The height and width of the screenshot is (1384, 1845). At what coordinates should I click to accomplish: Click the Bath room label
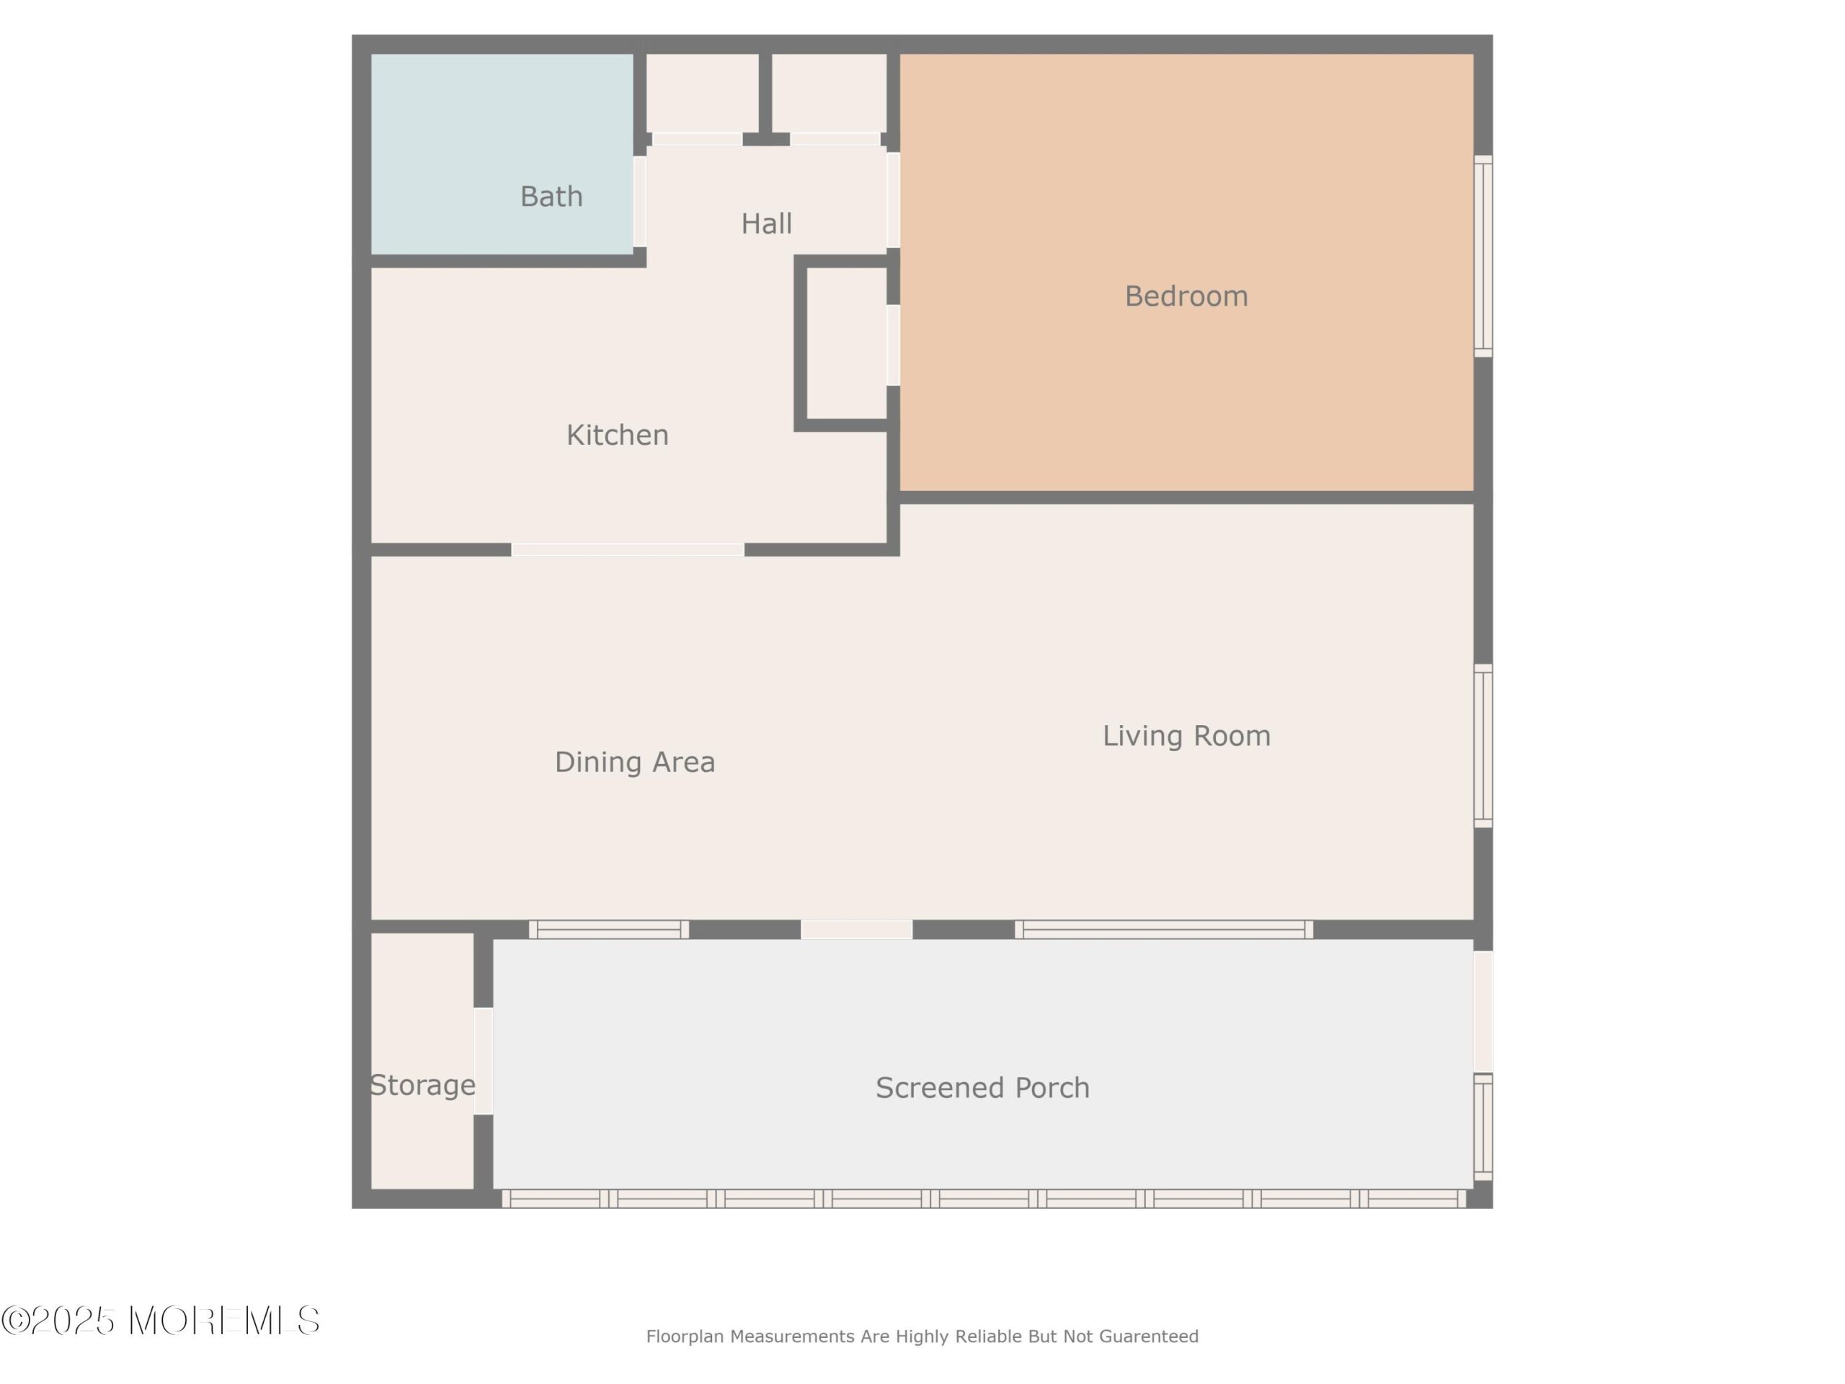pos(551,197)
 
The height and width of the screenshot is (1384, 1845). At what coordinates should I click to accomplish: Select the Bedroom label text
pos(1186,296)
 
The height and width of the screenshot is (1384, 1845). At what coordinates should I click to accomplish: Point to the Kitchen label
pos(617,435)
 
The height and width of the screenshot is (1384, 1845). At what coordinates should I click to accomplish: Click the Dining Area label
pos(635,762)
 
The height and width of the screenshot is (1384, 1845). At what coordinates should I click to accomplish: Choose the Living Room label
pos(1187,736)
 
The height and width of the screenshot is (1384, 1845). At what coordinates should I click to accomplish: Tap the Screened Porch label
pos(982,1088)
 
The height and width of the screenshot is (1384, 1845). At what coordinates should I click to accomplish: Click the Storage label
pos(423,1086)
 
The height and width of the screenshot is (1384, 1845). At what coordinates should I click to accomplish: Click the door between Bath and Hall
pos(640,202)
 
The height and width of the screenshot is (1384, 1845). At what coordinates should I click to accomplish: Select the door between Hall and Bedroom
pos(893,200)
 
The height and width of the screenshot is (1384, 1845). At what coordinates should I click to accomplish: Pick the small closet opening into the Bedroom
pos(847,344)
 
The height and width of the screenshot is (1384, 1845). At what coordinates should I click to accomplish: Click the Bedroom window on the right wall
pos(1483,256)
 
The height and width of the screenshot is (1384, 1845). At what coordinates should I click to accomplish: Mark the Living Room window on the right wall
pos(1483,747)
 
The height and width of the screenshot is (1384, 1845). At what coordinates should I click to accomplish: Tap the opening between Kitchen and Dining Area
pos(628,550)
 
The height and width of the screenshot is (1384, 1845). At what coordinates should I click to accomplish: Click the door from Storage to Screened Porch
pos(484,1060)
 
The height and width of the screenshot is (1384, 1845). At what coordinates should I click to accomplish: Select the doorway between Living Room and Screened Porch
pos(857,929)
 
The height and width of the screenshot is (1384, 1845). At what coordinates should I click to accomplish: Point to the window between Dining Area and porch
pos(609,929)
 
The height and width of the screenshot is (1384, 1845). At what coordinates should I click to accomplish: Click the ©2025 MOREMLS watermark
pos(160,1321)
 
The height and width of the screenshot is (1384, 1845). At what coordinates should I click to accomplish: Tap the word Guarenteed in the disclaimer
pos(1149,1336)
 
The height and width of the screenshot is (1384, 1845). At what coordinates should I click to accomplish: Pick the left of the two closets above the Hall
pos(702,94)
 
